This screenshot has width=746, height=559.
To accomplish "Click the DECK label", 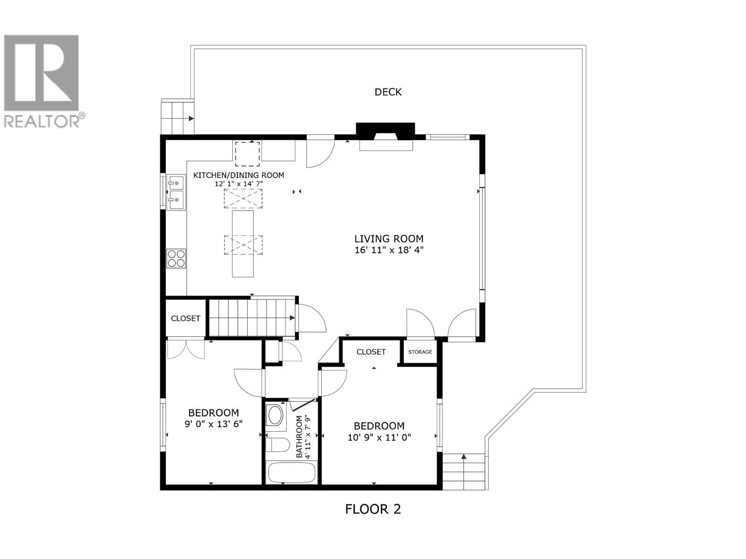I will point(388,92).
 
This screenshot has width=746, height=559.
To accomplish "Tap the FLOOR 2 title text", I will point(373,509).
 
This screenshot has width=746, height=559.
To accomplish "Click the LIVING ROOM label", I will point(389,239).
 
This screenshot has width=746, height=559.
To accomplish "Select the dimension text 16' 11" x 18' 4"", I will point(389,250).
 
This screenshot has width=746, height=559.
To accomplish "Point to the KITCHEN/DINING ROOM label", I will point(239,175).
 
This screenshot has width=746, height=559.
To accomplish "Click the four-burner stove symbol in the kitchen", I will point(176,259).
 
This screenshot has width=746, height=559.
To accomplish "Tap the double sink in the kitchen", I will point(176,192).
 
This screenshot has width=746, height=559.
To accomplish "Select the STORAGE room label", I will point(420,352).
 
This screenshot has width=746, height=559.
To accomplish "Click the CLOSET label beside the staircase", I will point(186,318).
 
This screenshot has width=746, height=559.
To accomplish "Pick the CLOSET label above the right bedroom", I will point(371,352).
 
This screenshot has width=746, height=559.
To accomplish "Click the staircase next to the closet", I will point(252,318).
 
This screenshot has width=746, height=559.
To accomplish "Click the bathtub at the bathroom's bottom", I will point(291,473).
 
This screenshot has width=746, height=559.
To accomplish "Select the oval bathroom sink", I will point(275,415).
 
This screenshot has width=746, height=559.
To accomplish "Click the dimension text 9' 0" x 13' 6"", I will point(214,424).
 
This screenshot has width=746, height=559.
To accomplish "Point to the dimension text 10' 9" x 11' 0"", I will point(380,437).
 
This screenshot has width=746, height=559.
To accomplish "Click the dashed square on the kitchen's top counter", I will point(247,154).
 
